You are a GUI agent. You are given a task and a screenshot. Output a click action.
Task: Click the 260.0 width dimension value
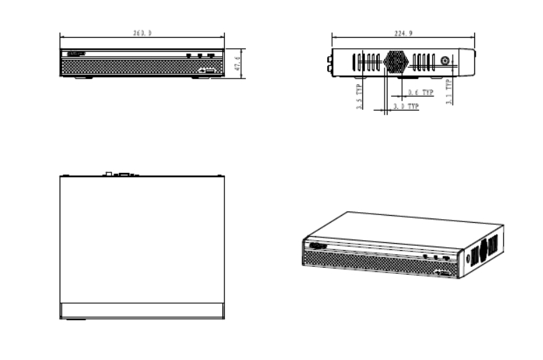142,33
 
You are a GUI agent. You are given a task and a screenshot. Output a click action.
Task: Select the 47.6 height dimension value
238,64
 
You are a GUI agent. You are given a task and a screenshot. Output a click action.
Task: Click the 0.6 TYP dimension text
420,92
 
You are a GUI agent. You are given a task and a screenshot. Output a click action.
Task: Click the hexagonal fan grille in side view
394,61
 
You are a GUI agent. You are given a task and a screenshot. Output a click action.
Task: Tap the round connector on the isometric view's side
469,258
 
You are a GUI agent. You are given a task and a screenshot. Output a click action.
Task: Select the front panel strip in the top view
142,310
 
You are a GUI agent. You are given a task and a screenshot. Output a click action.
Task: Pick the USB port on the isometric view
446,270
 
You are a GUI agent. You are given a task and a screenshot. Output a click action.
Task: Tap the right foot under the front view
202,77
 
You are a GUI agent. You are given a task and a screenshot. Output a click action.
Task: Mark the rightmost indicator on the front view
211,55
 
